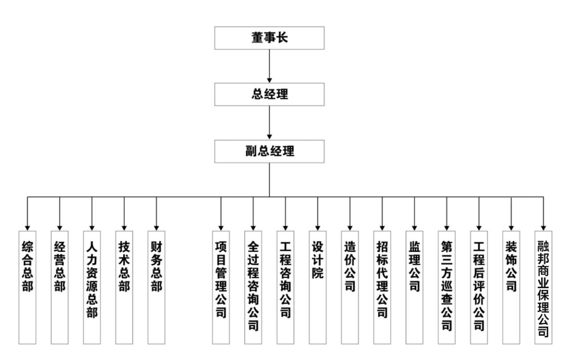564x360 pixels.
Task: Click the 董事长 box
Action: click(270, 38)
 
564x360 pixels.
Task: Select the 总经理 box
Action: click(270, 95)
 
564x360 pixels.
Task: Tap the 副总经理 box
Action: click(270, 151)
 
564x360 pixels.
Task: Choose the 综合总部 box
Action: click(27, 287)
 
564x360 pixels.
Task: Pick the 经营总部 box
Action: click(60, 287)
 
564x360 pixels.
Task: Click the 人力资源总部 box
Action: click(92, 287)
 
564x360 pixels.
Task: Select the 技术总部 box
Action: click(124, 287)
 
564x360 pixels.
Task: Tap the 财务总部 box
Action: click(156, 287)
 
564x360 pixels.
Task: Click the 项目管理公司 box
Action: click(221, 287)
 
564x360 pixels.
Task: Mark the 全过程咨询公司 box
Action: click(253, 287)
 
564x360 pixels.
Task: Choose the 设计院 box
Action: click(318, 287)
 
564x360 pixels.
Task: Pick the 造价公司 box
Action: click(350, 287)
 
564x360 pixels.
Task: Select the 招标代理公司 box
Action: click(382, 287)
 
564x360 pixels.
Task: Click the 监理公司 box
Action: click(414, 287)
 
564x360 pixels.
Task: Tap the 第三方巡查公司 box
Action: click(447, 287)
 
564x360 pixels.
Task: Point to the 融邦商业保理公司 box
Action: click(543, 287)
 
